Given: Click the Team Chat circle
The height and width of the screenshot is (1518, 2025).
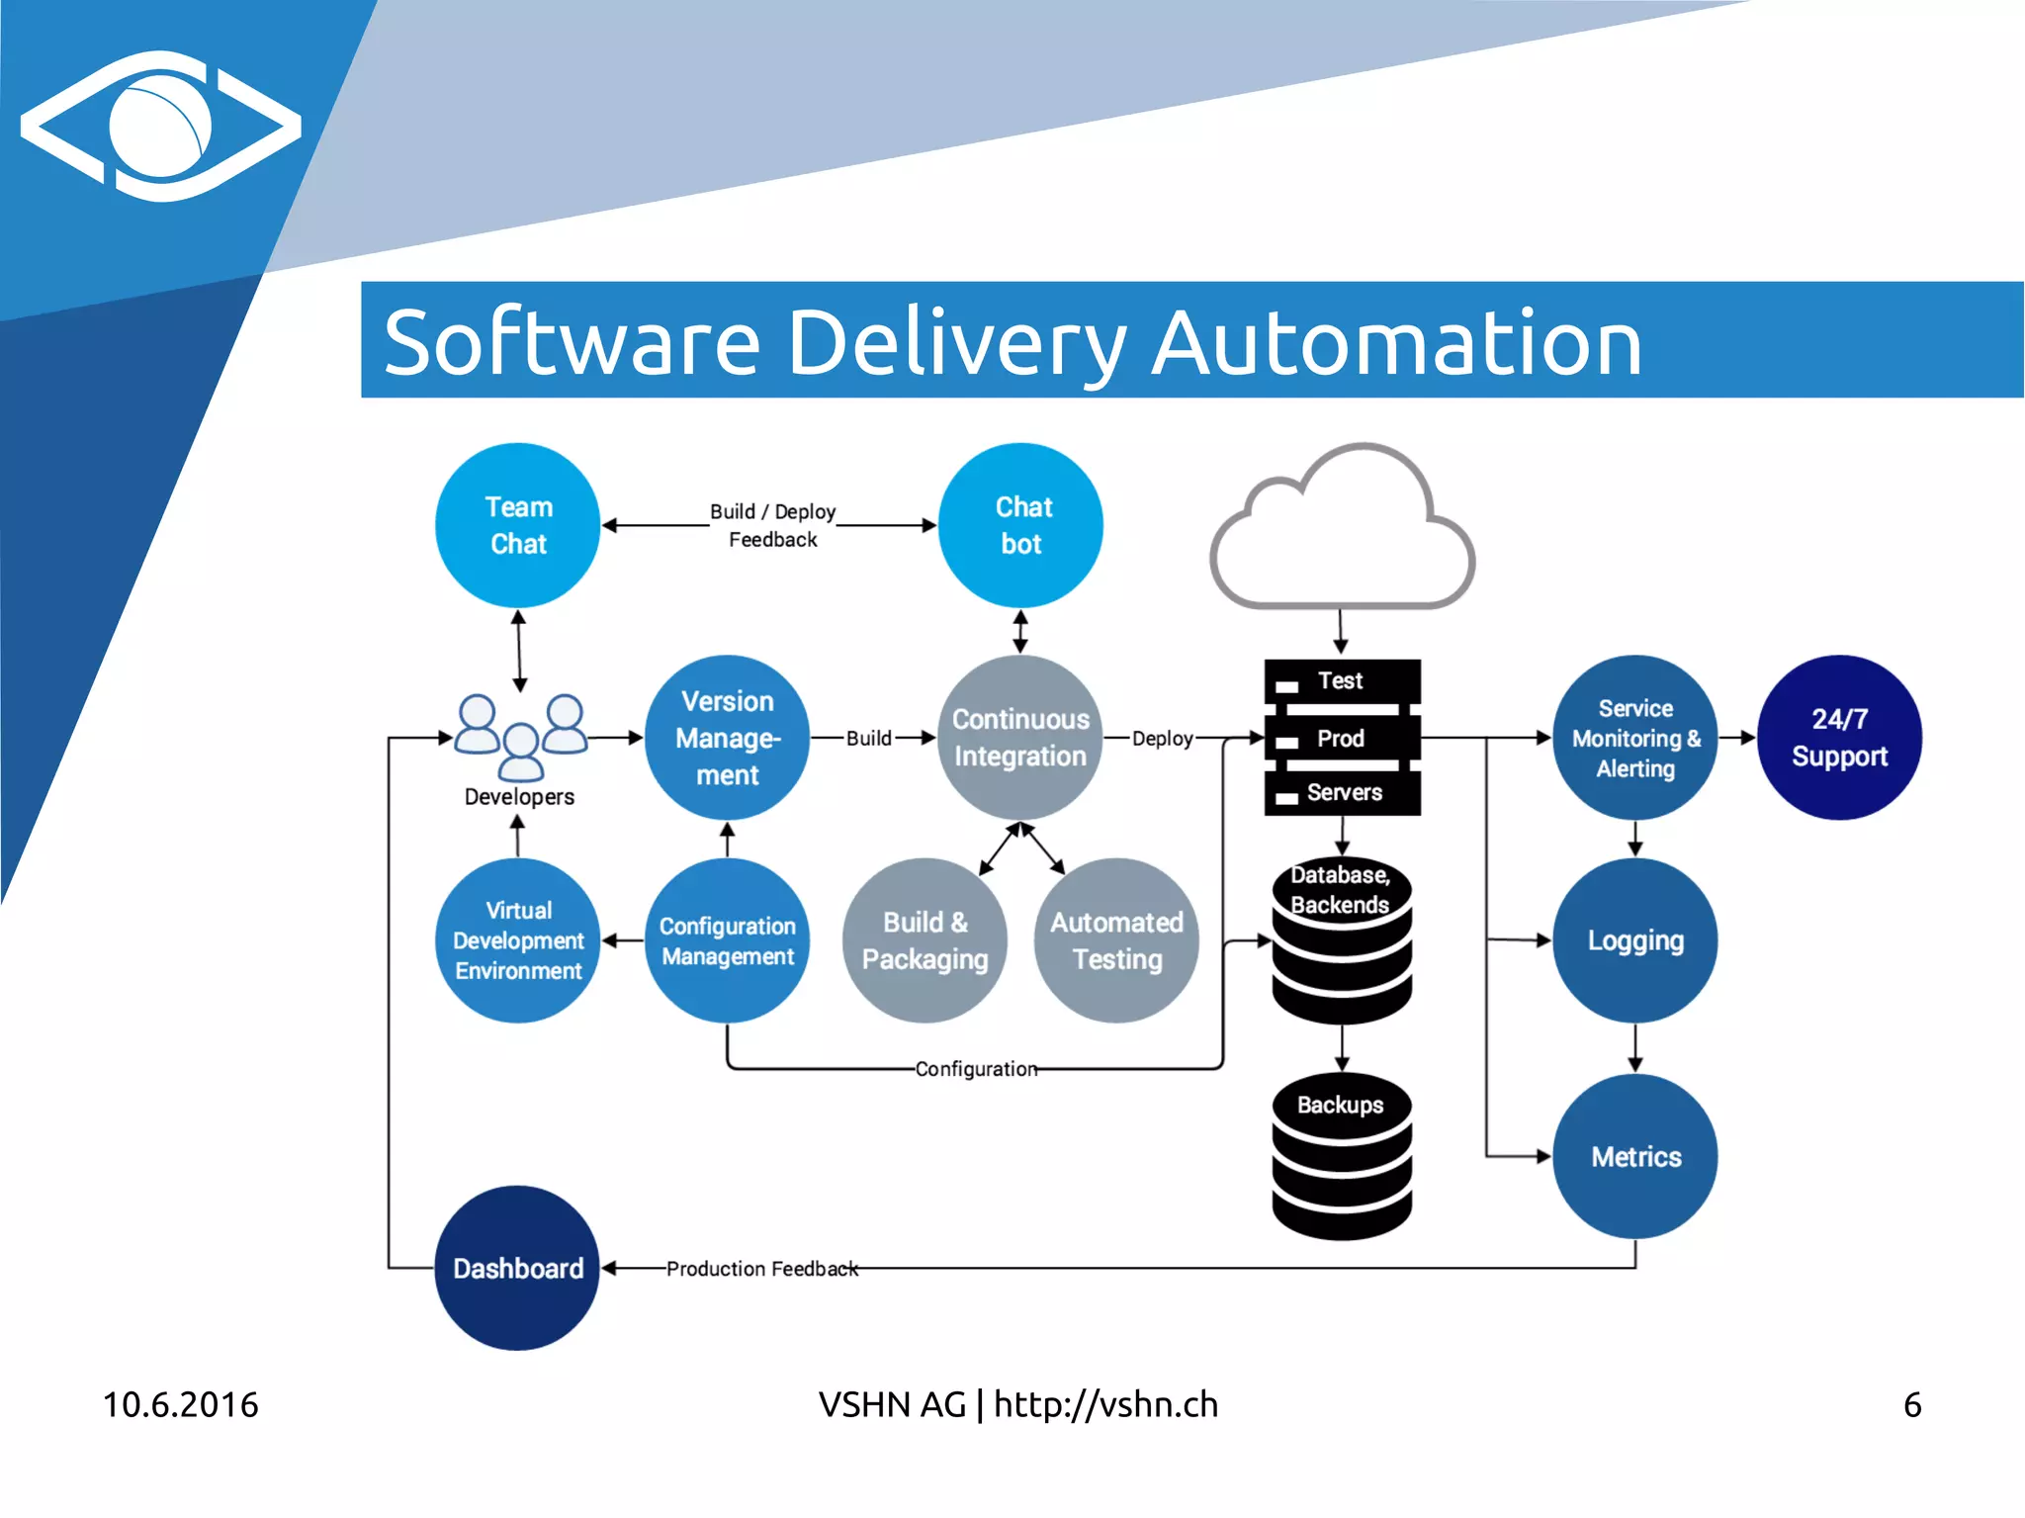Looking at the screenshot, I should (517, 525).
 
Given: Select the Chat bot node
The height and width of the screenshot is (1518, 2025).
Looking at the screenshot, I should (1020, 525).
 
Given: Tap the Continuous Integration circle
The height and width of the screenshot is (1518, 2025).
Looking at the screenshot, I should (1020, 738).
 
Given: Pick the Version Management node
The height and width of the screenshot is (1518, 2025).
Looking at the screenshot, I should (728, 738).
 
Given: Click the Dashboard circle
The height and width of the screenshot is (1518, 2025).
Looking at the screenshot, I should (517, 1268).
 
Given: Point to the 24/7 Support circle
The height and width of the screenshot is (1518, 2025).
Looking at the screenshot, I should (1839, 738).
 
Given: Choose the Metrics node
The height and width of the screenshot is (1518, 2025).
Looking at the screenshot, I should (1635, 1156).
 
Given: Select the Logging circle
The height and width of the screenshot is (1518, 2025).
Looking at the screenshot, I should (1635, 940).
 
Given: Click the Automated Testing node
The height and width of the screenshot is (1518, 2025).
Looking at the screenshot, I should (1116, 940).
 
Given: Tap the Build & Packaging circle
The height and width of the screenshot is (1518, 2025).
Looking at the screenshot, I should (924, 940).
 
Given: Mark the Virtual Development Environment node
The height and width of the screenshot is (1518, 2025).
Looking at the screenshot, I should (517, 940).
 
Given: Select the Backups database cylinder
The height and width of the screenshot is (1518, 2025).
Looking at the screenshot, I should (1342, 1157).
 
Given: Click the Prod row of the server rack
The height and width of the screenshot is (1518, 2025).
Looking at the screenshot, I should (1342, 739).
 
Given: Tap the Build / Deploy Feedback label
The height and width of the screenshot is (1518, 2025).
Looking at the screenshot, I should (772, 525).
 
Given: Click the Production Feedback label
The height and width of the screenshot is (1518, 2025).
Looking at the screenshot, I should (761, 1269).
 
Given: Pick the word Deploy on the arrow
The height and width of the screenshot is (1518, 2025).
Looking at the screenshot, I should (1162, 739).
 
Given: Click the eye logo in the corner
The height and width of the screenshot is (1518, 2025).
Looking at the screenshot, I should (161, 127).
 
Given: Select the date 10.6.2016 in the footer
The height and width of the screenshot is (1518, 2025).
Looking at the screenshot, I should (180, 1404).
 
